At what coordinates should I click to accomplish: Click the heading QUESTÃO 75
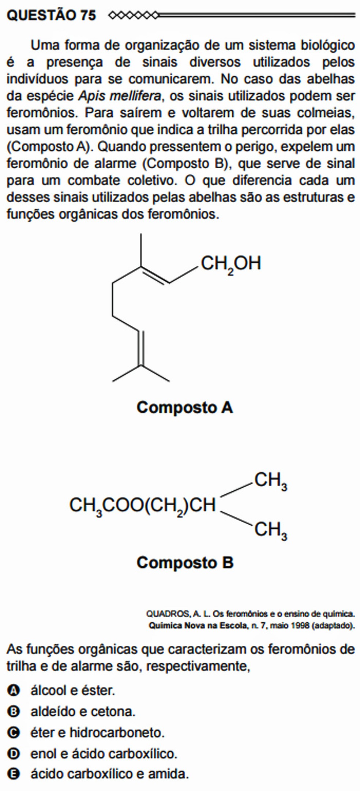point(51,15)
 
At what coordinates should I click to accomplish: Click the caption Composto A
point(185,408)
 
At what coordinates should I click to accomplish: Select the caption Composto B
point(185,563)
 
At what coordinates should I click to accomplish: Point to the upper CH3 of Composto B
point(271,481)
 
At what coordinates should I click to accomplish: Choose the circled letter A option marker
point(13,691)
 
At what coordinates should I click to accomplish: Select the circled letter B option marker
point(13,712)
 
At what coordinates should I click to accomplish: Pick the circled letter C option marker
point(13,733)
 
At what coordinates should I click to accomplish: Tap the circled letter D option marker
point(13,754)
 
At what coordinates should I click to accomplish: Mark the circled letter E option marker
point(13,775)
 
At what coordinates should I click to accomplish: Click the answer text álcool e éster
point(73,690)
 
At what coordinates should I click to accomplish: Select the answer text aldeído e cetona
point(83,712)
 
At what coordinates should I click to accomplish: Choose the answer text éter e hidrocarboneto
point(98,732)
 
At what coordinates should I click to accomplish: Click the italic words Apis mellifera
point(119,96)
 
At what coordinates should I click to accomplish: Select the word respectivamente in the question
point(198,667)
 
